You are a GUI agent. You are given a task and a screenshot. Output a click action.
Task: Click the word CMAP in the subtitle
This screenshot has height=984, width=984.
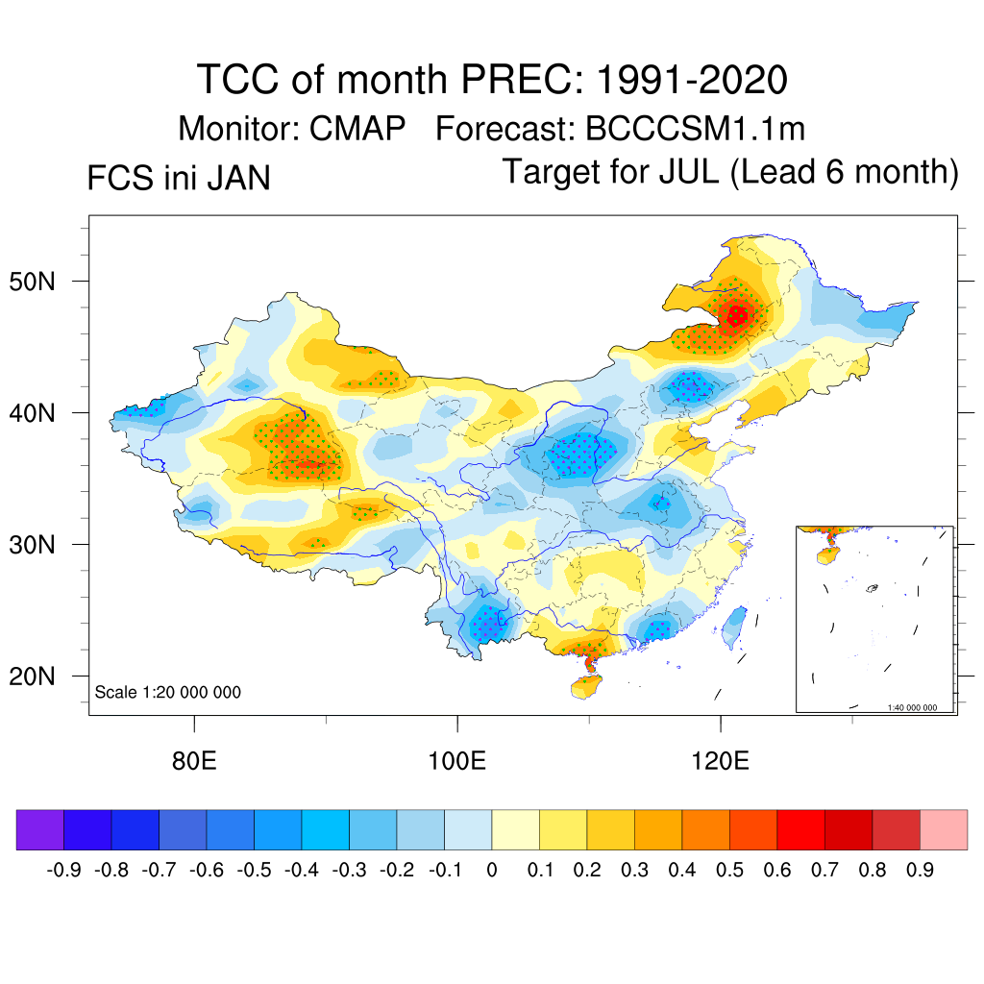pos(357,128)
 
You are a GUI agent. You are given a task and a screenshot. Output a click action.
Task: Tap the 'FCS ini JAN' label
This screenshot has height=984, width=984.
pos(178,178)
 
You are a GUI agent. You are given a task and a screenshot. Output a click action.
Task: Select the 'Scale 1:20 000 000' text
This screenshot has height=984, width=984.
pos(168,693)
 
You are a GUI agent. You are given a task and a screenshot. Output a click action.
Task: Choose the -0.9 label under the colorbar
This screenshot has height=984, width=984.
pos(63,871)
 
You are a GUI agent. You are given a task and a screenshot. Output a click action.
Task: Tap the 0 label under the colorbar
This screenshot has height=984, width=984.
pos(492,871)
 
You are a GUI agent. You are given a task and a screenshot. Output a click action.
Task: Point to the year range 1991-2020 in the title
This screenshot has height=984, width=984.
pos(692,79)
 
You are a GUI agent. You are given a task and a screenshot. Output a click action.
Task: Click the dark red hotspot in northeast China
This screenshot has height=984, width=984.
pos(738,314)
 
